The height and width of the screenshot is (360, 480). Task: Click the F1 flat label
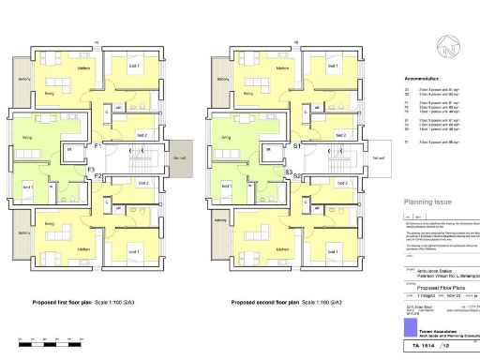[x=97, y=147]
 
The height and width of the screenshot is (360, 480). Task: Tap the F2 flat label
[x=97, y=175]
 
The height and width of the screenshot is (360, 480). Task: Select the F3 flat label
[x=90, y=170]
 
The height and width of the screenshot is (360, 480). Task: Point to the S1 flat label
[x=297, y=147]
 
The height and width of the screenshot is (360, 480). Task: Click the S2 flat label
[x=297, y=175]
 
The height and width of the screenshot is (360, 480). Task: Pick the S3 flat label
[x=289, y=171]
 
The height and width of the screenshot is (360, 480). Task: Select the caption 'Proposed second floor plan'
[x=271, y=304]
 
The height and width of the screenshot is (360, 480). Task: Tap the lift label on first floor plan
[x=67, y=149]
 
